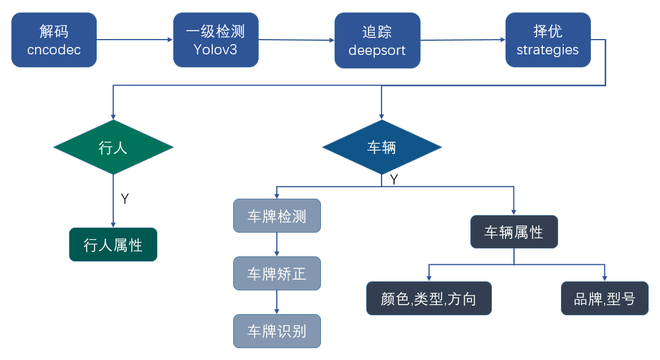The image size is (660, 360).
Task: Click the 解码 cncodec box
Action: (x=54, y=40)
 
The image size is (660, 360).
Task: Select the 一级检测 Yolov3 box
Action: (x=216, y=40)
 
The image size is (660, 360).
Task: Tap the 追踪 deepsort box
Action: (x=377, y=40)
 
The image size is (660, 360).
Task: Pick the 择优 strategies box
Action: (x=547, y=40)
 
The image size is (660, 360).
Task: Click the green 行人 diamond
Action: (x=113, y=147)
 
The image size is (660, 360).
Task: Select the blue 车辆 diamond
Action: (x=382, y=147)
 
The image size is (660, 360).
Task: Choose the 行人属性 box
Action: (x=113, y=245)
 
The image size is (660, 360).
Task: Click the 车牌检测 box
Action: (x=277, y=216)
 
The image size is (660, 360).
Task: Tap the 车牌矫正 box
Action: (x=277, y=273)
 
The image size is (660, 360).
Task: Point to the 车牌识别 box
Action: (x=277, y=331)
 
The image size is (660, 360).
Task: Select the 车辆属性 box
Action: (x=514, y=232)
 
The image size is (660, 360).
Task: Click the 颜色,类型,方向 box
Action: (x=428, y=298)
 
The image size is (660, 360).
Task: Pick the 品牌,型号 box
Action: (x=605, y=298)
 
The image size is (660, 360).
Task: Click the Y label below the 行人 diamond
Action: (x=125, y=199)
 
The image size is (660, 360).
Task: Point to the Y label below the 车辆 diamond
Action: (x=394, y=179)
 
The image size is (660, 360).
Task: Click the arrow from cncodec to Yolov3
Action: (x=135, y=40)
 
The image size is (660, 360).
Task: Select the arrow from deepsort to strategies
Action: (x=462, y=40)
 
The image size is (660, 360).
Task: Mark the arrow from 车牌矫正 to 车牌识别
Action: (x=277, y=302)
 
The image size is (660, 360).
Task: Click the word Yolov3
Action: (x=216, y=50)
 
